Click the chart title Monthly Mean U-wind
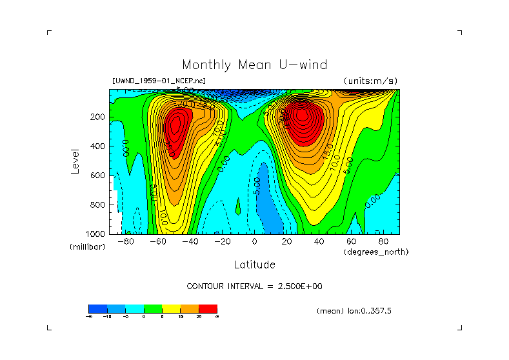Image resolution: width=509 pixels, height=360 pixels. click(x=254, y=65)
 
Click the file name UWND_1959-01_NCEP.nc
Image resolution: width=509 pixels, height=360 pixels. click(x=159, y=81)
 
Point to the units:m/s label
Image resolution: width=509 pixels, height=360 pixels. click(x=370, y=81)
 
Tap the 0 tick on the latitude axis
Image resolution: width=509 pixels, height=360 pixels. click(x=254, y=241)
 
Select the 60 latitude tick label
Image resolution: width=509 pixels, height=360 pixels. click(x=351, y=241)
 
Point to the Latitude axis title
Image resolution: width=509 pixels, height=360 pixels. click(x=254, y=265)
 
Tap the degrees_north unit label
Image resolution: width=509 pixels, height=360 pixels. click(x=376, y=252)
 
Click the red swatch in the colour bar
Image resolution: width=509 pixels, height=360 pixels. click(x=208, y=308)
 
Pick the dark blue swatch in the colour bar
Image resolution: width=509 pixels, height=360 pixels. click(x=97, y=308)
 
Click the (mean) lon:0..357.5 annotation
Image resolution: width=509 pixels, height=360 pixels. click(x=354, y=311)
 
